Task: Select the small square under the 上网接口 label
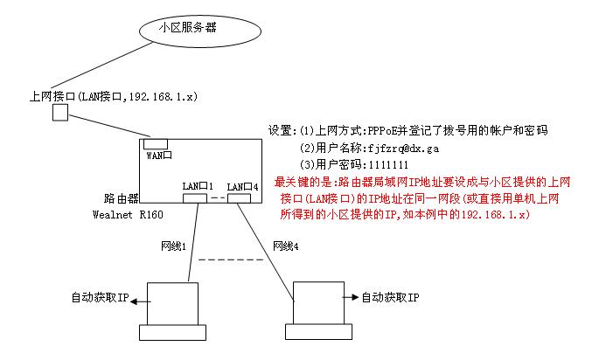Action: point(60,114)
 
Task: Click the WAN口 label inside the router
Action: point(157,156)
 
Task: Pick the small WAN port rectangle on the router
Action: point(157,143)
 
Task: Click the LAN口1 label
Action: point(198,186)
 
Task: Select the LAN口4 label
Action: point(242,186)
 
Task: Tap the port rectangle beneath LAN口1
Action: point(195,197)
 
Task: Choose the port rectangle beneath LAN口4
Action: point(239,197)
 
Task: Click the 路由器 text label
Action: point(115,200)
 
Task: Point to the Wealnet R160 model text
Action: point(127,215)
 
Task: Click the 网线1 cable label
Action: point(175,247)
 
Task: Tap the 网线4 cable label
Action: point(286,247)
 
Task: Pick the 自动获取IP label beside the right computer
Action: point(390,298)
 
